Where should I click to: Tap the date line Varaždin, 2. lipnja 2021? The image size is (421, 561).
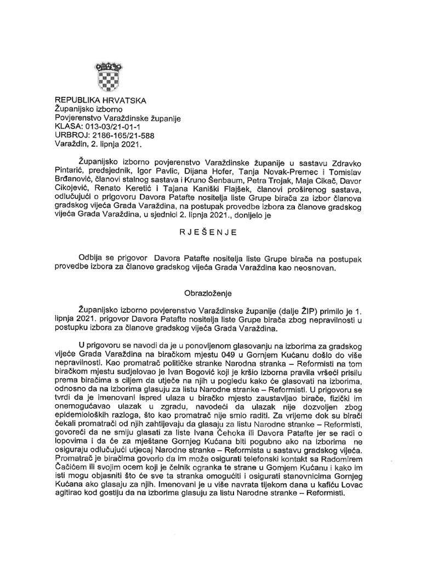point(98,145)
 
